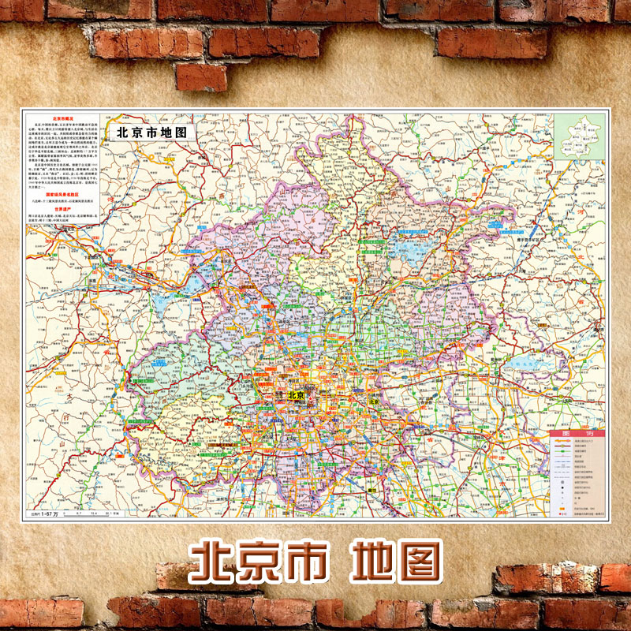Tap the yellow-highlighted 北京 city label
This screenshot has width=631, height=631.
tap(297, 395)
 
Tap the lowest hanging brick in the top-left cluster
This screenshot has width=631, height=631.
tap(201, 77)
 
